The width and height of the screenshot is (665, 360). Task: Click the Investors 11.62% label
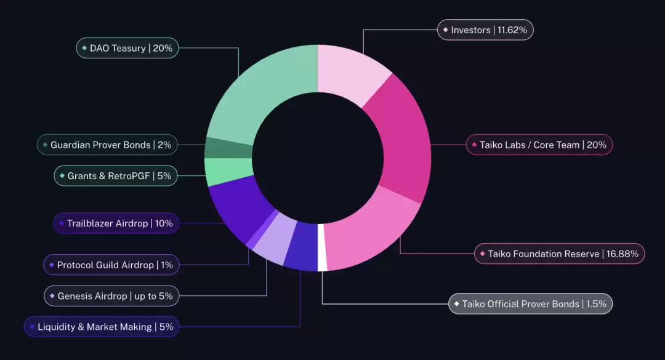point(485,30)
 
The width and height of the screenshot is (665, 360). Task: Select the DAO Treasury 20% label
point(127,48)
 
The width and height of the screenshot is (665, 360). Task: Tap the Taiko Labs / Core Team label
point(539,145)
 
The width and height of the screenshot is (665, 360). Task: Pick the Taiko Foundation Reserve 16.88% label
point(560,254)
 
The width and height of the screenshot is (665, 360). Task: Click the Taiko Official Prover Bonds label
point(530,303)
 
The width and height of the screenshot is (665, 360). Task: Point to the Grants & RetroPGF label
point(116,176)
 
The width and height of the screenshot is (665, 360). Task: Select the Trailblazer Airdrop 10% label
point(116,223)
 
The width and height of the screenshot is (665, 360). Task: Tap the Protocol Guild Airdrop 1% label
point(111,265)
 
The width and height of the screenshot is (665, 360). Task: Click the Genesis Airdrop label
point(111,296)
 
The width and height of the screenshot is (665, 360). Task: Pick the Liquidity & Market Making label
point(102,327)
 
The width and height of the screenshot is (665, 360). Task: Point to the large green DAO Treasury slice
point(259,92)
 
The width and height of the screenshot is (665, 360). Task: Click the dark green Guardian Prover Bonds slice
point(228,148)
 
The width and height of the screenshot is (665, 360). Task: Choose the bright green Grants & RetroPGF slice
point(228,172)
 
